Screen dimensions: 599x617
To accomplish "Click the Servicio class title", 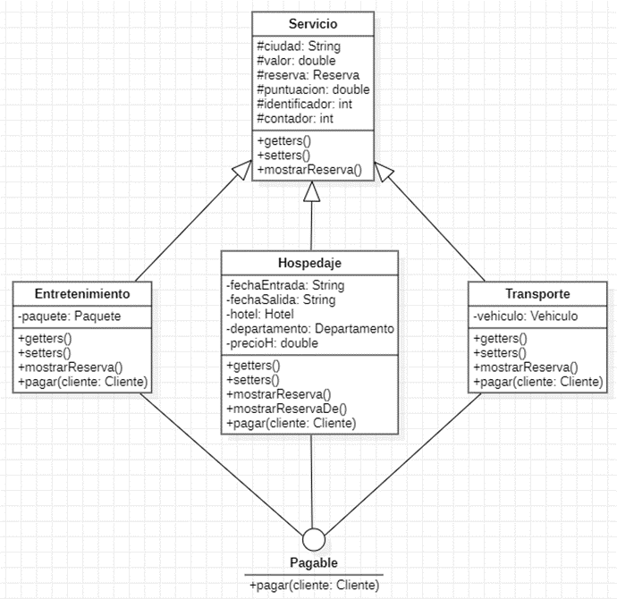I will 312,23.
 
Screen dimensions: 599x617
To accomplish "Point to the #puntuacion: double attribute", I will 313,89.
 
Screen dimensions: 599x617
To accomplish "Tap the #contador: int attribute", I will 294,118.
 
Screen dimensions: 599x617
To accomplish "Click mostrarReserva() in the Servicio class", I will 308,169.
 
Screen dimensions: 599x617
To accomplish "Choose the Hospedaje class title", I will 309,263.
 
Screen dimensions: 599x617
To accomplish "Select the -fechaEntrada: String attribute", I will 285,285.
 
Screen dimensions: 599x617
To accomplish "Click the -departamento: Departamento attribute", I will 310,328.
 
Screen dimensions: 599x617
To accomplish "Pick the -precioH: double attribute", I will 272,342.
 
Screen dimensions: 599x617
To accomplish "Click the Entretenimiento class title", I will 82,294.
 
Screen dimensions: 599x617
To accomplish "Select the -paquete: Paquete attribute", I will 69,316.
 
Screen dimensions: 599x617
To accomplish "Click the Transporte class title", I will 537,294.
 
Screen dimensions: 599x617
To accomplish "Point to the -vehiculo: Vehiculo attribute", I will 525,316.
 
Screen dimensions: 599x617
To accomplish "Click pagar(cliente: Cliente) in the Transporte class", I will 537,382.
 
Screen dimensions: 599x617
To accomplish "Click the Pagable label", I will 313,562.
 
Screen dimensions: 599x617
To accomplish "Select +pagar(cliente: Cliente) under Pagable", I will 314,585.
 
